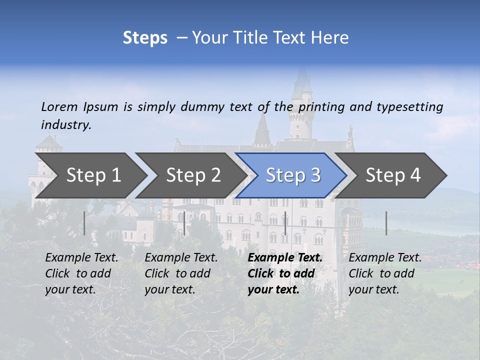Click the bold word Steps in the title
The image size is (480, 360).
[x=145, y=38]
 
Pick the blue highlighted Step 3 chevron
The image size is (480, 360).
[x=293, y=175]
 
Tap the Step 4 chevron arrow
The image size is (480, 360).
[x=393, y=175]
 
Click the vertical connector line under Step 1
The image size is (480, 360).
[x=84, y=223]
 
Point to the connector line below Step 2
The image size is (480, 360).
[x=184, y=223]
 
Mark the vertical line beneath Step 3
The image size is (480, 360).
[x=285, y=223]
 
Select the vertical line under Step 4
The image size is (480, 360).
[x=386, y=223]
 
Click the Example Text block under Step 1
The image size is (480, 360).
[x=81, y=273]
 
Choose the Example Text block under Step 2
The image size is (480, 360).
[x=181, y=273]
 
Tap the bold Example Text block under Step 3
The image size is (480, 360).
[x=285, y=273]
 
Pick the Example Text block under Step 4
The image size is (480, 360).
[x=385, y=273]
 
